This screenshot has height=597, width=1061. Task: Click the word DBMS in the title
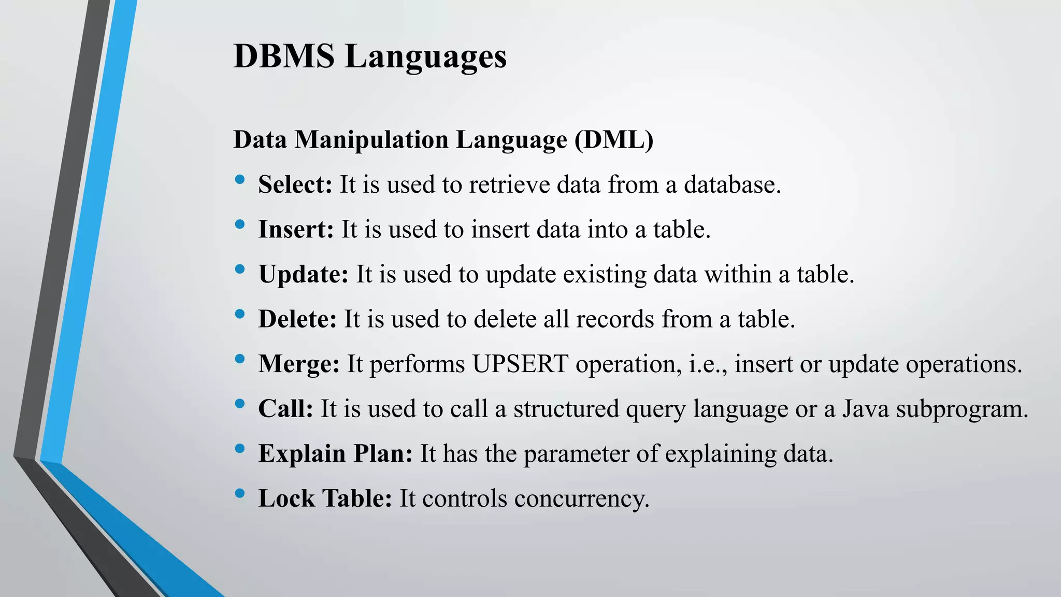pyautogui.click(x=284, y=56)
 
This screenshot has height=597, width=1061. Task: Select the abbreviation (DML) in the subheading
pyautogui.click(x=614, y=139)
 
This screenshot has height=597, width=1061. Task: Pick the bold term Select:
pyautogui.click(x=295, y=184)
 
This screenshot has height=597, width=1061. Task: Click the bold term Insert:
pyautogui.click(x=296, y=229)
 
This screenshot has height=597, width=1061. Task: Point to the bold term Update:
pyautogui.click(x=303, y=274)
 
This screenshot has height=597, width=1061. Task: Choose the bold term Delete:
pyautogui.click(x=297, y=319)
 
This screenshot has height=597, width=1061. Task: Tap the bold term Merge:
pyautogui.click(x=299, y=364)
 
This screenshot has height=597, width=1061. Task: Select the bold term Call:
pyautogui.click(x=285, y=408)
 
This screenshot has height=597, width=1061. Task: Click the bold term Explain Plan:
pyautogui.click(x=335, y=453)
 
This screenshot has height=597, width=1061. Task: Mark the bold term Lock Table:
pyautogui.click(x=325, y=499)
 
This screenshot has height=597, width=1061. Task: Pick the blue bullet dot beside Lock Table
pyautogui.click(x=239, y=493)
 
